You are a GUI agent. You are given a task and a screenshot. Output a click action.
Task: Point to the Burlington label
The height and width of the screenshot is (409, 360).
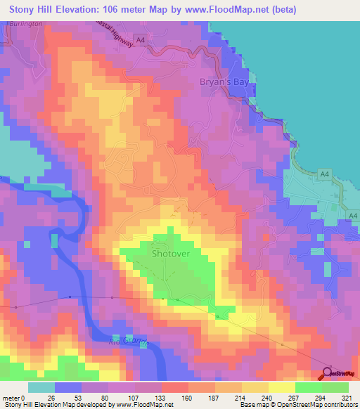click(27, 23)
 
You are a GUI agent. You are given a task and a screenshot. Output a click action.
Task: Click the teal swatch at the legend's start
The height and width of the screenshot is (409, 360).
click(41, 387)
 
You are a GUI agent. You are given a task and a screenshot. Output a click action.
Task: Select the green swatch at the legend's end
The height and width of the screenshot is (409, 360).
click(335, 387)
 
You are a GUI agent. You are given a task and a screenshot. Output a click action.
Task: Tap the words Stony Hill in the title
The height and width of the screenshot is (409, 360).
click(35, 9)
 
